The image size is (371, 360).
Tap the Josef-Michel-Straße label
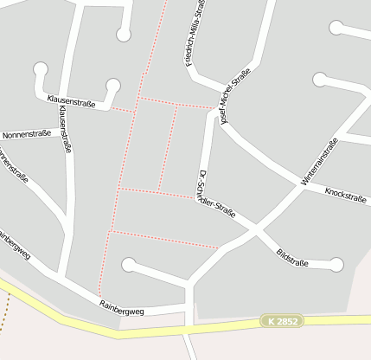click(235, 95)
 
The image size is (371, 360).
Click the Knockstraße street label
click(345, 195)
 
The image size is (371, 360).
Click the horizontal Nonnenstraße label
click(27, 135)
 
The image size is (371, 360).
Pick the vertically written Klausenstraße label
click(67, 131)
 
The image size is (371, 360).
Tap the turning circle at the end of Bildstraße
click(336, 265)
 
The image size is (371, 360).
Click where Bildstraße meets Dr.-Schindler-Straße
click(254, 228)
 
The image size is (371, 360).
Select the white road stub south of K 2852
click(189, 345)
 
